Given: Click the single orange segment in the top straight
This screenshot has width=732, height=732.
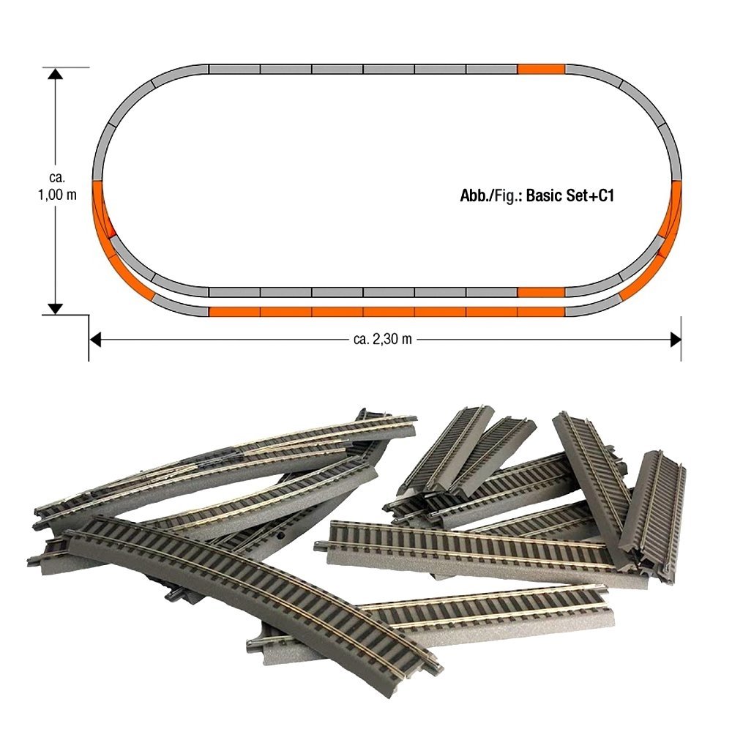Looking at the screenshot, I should click(541, 70).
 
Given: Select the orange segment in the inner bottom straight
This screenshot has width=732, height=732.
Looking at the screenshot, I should click(541, 292).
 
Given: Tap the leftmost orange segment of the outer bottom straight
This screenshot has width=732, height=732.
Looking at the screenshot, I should click(234, 312).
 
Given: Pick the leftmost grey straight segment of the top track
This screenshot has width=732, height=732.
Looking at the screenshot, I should click(234, 70).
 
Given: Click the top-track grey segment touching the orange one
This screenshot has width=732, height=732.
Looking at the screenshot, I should click(492, 70).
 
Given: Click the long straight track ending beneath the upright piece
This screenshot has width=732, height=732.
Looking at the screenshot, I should click(468, 549).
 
